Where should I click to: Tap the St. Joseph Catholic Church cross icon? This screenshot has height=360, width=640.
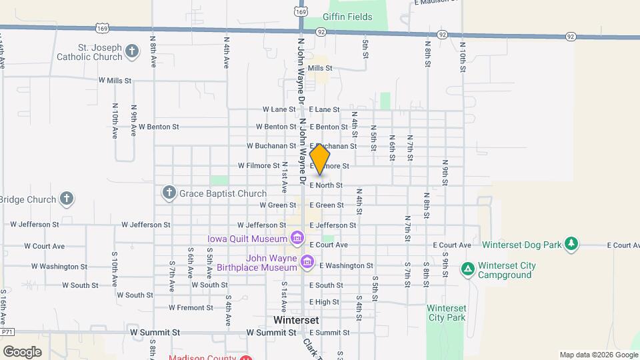(132, 51)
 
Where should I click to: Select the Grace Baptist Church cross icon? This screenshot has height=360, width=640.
(169, 193)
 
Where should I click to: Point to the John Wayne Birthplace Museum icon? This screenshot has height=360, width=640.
(307, 261)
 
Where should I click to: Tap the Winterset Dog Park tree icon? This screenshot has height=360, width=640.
(571, 245)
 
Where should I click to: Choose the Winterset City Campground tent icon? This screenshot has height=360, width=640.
(468, 269)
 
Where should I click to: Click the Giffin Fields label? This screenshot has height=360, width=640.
(346, 16)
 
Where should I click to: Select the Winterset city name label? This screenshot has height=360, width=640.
(296, 319)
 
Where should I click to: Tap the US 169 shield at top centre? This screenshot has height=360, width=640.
(301, 11)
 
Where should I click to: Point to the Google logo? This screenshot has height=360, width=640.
(21, 351)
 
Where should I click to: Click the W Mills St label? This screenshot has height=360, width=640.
(115, 80)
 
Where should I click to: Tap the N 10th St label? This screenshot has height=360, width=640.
(462, 57)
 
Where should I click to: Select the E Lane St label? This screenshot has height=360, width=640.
(324, 109)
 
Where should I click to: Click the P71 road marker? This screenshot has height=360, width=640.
(7, 331)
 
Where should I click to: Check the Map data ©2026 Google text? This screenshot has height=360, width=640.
(598, 355)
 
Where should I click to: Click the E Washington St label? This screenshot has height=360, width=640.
(346, 265)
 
